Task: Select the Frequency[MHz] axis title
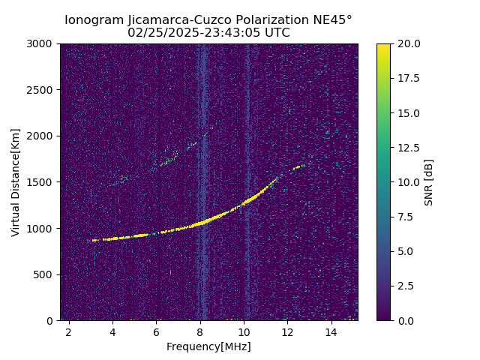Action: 208,346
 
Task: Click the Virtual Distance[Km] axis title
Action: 16,182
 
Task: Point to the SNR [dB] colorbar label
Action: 429,182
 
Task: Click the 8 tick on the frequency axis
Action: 200,331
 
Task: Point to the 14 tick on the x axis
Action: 331,331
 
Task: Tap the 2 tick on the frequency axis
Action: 69,331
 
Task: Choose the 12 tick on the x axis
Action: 287,331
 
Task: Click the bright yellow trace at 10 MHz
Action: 244,204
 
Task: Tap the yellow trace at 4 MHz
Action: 112,238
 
